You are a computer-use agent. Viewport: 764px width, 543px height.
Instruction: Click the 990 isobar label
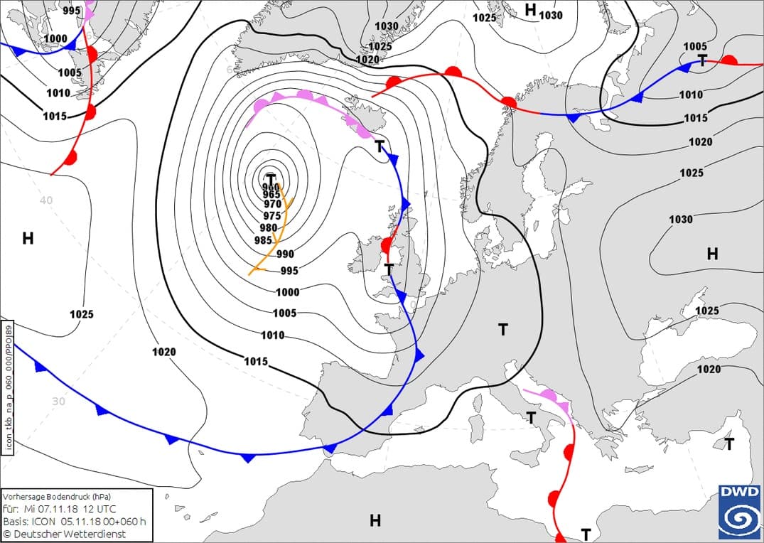285,254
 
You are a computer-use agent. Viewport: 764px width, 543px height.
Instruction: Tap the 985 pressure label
263,240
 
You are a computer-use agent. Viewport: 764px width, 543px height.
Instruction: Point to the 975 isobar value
272,216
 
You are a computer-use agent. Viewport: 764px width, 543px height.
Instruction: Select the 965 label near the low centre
271,195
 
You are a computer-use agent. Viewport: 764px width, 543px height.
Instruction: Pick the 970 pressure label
273,205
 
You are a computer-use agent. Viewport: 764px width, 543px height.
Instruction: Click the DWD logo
739,511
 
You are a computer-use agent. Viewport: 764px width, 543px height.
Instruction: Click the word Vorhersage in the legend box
26,496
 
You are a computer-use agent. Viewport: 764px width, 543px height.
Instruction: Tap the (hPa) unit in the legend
99,496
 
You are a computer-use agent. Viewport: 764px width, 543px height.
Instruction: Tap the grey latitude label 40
46,200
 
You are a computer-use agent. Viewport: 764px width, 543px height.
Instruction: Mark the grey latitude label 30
59,401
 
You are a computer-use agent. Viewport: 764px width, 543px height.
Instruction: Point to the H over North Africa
375,521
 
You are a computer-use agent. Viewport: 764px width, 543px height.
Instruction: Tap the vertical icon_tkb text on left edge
8,387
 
